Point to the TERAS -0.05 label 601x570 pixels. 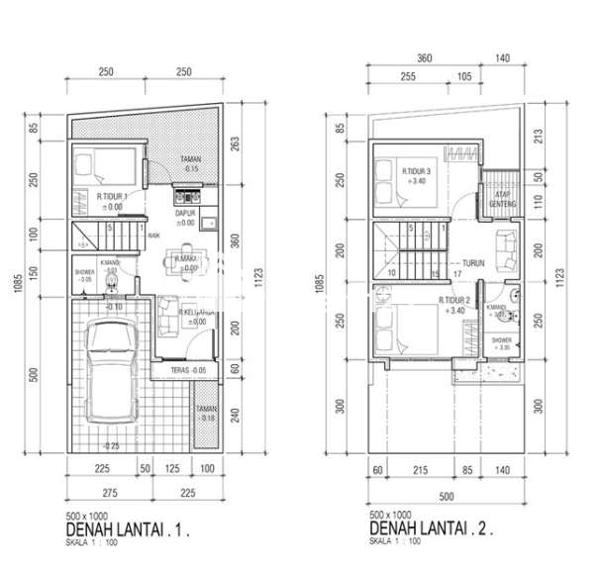pos(187,370)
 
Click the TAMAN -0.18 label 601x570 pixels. pos(206,413)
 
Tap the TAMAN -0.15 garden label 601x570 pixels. pos(192,164)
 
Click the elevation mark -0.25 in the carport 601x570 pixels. pos(111,445)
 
